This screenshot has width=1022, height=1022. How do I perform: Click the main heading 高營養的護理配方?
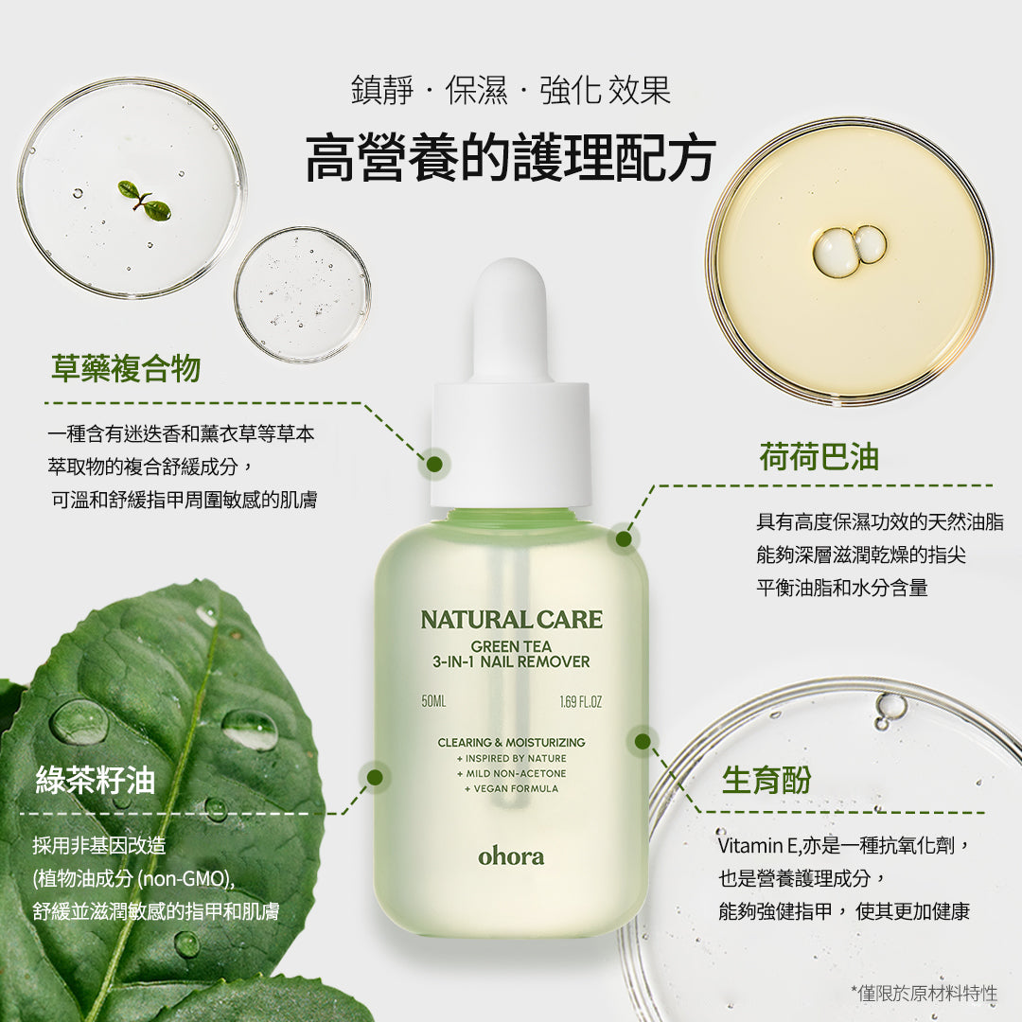(x=510, y=158)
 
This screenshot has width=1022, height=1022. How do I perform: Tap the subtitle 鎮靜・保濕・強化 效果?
(x=510, y=91)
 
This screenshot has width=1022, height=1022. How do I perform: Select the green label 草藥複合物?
(x=126, y=368)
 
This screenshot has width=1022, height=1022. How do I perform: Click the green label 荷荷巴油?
(x=819, y=457)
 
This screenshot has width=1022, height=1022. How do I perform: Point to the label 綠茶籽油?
(x=96, y=780)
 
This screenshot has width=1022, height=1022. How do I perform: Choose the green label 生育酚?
(x=766, y=780)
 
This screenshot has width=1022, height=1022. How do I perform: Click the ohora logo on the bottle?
(x=511, y=855)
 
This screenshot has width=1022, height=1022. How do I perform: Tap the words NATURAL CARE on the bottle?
(x=511, y=620)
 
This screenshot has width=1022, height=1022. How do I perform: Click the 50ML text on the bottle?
(x=433, y=702)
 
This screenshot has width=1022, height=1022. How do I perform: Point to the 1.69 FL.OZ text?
(x=580, y=702)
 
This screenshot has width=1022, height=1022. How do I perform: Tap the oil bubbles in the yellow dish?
(x=849, y=249)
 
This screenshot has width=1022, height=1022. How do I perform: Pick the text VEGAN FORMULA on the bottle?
(x=511, y=788)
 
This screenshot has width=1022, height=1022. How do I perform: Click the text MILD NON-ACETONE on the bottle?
(x=511, y=773)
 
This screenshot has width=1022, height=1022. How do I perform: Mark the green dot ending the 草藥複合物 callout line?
(x=434, y=464)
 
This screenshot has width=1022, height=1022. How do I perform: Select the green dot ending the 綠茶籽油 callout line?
(x=375, y=777)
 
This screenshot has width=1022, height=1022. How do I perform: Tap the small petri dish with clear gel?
(x=302, y=294)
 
